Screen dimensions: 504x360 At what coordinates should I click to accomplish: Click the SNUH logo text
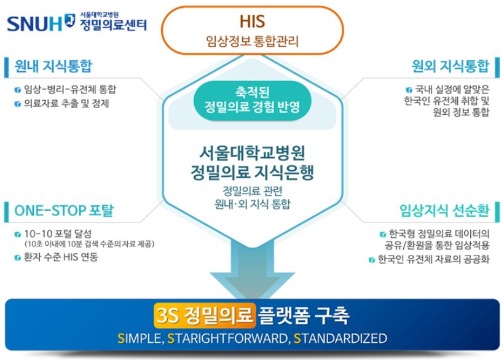point(34,24)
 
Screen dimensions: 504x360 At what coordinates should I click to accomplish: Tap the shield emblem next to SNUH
point(69,20)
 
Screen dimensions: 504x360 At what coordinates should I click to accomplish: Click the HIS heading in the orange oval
point(253,22)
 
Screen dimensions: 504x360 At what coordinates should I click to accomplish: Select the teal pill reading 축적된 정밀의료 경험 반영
point(253,100)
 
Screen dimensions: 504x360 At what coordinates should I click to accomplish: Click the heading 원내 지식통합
point(53,66)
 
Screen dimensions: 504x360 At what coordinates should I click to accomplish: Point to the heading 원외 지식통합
point(451,66)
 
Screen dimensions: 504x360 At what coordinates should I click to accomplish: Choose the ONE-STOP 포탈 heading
point(64,211)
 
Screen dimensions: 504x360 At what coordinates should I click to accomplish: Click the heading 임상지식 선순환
point(444,211)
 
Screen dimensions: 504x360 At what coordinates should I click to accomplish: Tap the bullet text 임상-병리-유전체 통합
point(70,89)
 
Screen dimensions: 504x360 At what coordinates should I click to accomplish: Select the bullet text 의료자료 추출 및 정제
point(66,104)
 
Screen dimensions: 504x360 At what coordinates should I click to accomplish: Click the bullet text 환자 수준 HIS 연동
point(61,257)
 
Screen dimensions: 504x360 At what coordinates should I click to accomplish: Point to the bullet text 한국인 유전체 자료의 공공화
point(433,259)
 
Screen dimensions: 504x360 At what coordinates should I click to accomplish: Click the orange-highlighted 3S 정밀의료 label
point(205,315)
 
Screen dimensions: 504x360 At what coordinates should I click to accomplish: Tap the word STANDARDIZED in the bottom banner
point(341,338)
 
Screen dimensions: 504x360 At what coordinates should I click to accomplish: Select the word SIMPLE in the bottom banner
point(139,338)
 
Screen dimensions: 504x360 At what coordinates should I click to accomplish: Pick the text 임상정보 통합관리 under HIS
point(253,41)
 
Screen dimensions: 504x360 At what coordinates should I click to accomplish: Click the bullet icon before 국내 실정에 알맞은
point(409,90)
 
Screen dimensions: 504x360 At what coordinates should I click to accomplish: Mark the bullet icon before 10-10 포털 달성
point(18,235)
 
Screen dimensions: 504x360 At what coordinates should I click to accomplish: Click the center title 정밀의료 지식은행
point(253,173)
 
